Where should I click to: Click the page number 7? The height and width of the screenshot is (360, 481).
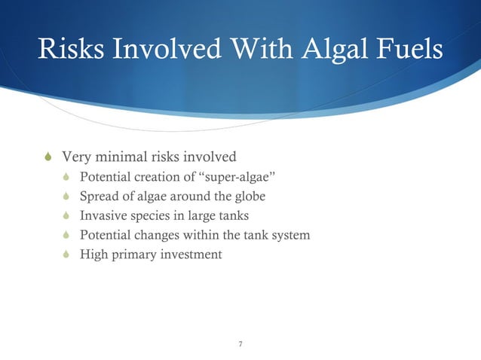[240, 344]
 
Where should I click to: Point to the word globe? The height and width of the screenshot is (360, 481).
[249, 197]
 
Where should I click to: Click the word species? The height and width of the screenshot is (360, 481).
[149, 217]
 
